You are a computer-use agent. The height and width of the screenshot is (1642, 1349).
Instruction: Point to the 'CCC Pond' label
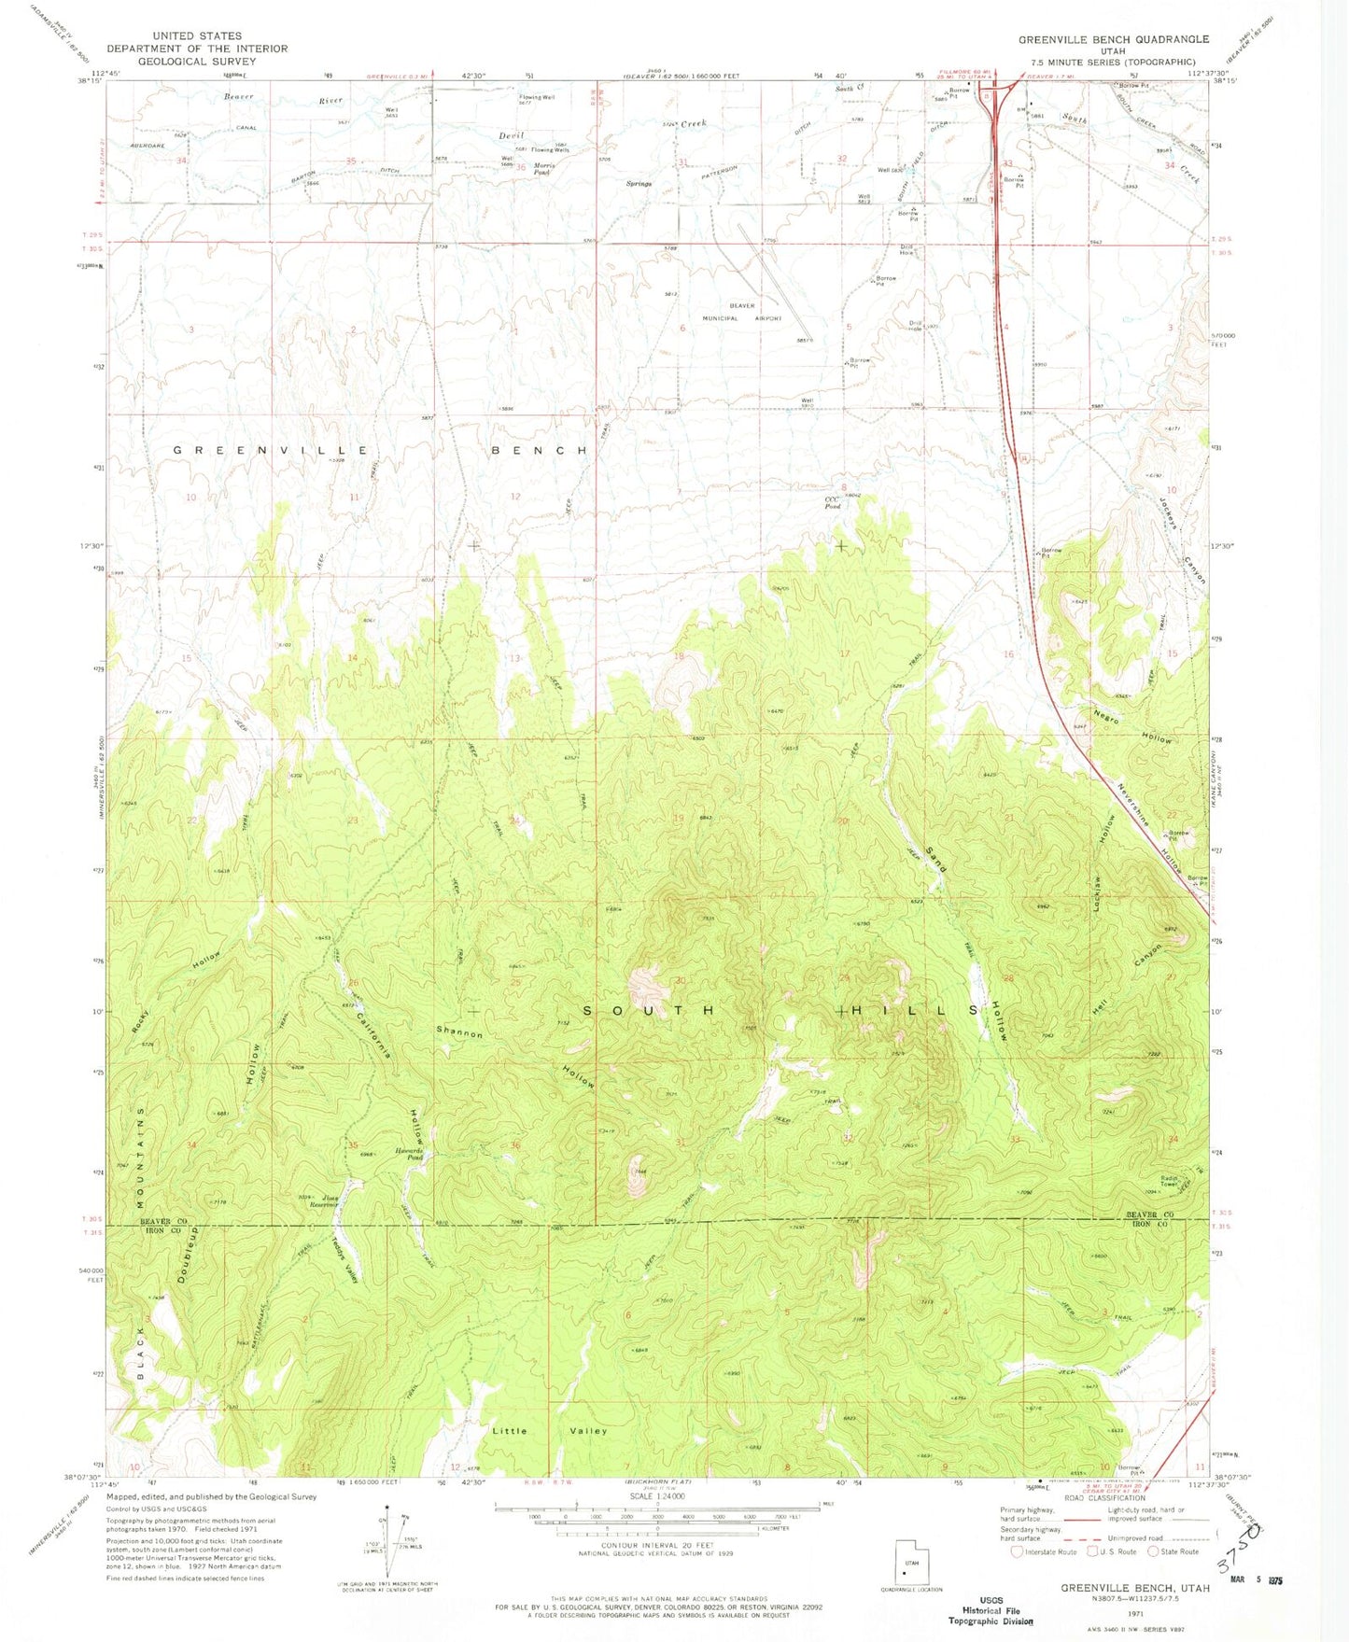833,503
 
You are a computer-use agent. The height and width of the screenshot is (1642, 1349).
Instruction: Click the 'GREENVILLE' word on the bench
272,450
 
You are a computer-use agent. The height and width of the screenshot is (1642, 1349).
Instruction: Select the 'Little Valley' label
550,1430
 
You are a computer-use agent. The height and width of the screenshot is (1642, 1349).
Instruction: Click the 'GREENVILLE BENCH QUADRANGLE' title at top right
1113,39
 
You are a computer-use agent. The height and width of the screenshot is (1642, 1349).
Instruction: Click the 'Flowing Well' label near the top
537,97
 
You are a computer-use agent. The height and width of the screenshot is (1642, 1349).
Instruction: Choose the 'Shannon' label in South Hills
459,1032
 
